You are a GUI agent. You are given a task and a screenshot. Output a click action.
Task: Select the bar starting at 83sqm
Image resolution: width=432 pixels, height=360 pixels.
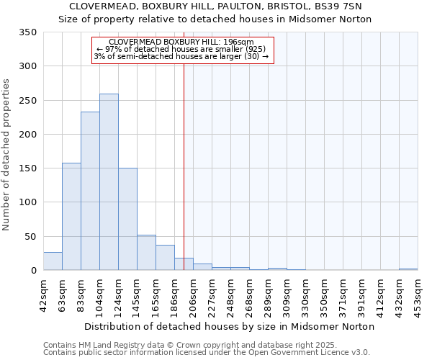[x=90, y=191]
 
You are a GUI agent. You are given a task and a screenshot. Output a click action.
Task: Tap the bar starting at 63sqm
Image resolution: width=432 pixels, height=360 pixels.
[x=71, y=217]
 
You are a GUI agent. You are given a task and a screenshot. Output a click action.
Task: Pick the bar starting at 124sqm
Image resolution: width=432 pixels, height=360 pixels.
[x=127, y=219]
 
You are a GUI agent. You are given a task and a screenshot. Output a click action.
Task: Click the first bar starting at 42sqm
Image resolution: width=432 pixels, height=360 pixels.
[x=53, y=261]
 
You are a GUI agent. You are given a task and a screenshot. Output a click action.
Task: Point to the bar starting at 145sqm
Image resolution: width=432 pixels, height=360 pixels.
[x=146, y=253]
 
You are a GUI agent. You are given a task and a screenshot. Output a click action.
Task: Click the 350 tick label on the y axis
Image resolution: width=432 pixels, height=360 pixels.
[x=27, y=32]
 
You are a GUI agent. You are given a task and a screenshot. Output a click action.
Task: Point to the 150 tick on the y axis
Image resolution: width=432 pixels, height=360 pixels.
[x=27, y=168]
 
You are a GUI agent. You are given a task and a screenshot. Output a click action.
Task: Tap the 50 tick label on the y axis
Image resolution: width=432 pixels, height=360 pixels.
[x=30, y=236]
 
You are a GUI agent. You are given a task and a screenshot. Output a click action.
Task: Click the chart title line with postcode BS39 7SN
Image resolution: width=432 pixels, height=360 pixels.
[x=215, y=6]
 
